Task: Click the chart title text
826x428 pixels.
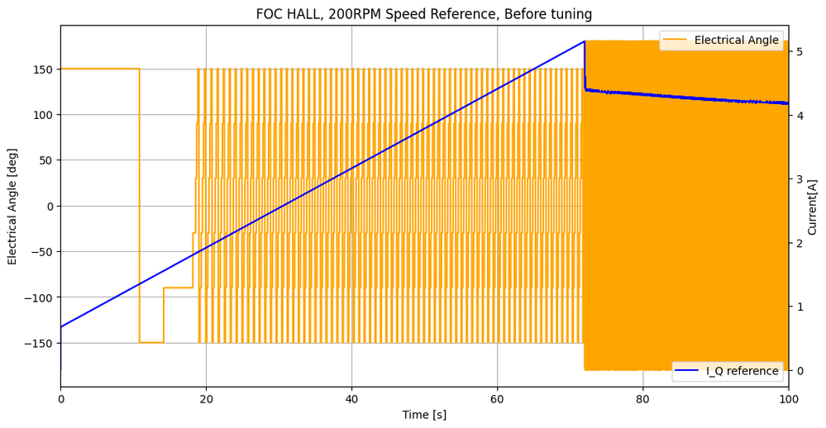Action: [423, 14]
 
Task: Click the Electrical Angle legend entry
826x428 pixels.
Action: [736, 40]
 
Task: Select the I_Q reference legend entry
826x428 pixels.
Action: [742, 371]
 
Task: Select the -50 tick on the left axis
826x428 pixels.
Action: [43, 252]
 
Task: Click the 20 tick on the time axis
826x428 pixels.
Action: [206, 398]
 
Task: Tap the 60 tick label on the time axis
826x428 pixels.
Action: [497, 398]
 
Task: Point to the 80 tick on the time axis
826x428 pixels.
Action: [642, 398]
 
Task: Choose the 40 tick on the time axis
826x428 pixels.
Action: [351, 398]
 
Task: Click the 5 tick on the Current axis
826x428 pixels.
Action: [799, 51]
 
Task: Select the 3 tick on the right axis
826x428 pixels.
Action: [799, 179]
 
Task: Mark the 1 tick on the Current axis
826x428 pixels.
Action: [799, 307]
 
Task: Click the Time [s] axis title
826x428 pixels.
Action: [423, 415]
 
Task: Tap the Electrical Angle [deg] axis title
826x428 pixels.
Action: [12, 207]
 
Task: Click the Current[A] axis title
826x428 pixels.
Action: [813, 207]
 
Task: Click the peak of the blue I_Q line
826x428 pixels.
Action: [585, 41]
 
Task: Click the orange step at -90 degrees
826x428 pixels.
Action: [178, 288]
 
